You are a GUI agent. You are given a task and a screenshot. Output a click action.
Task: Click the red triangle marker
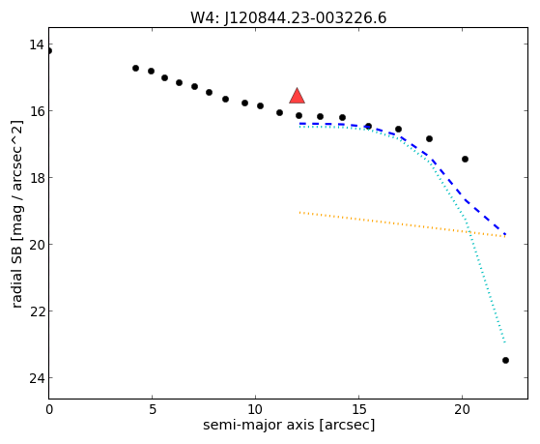pos(297,97)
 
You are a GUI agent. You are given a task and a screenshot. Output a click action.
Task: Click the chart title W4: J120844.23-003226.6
pos(289,17)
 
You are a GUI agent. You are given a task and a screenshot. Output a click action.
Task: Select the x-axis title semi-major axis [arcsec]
pos(289,425)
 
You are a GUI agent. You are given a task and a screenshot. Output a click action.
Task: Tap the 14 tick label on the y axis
pos(36,44)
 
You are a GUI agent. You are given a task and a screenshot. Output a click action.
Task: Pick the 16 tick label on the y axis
pos(36,111)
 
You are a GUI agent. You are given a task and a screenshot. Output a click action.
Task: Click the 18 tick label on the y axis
pos(36,178)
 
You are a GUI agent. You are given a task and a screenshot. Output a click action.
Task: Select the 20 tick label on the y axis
pos(36,245)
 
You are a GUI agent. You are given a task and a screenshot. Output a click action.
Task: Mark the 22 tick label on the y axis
pos(36,311)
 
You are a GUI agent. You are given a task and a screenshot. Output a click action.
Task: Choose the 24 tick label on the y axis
pos(36,378)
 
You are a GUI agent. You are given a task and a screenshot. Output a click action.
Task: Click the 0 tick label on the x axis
pos(49,409)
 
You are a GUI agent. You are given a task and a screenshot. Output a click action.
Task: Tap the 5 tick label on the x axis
pos(152,409)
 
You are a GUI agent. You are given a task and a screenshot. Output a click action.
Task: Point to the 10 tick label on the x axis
pos(255,409)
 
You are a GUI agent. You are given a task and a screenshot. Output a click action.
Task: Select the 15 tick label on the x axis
pos(358,409)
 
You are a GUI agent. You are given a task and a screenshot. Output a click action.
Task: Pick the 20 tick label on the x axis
pos(462,409)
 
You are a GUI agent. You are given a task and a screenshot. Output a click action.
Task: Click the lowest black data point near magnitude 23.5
pos(505,360)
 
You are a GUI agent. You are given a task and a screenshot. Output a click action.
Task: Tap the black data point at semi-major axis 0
pos(49,51)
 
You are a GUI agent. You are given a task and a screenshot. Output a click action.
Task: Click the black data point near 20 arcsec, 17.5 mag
pos(465,159)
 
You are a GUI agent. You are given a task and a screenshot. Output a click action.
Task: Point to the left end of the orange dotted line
pos(300,213)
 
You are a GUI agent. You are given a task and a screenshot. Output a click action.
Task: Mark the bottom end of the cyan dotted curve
pos(505,341)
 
